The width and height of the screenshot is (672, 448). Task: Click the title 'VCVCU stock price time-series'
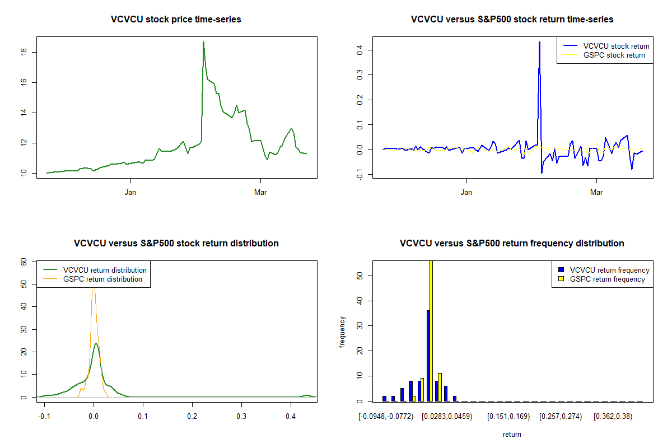click(x=176, y=20)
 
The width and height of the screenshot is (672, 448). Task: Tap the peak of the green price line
click(x=203, y=42)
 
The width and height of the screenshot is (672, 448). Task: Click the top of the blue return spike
click(x=539, y=42)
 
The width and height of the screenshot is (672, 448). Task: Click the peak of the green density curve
click(x=96, y=343)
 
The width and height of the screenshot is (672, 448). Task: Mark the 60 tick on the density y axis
click(x=24, y=262)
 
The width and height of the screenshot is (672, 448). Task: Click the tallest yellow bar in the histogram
click(x=431, y=330)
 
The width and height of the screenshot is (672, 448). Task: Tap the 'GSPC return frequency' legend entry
click(x=607, y=279)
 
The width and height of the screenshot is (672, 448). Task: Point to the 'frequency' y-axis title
click(x=342, y=332)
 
